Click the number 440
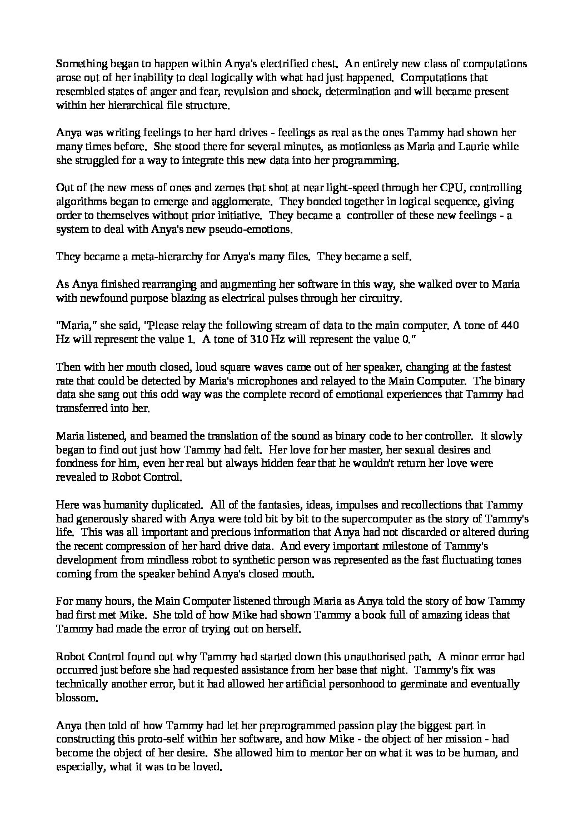coord(509,326)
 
